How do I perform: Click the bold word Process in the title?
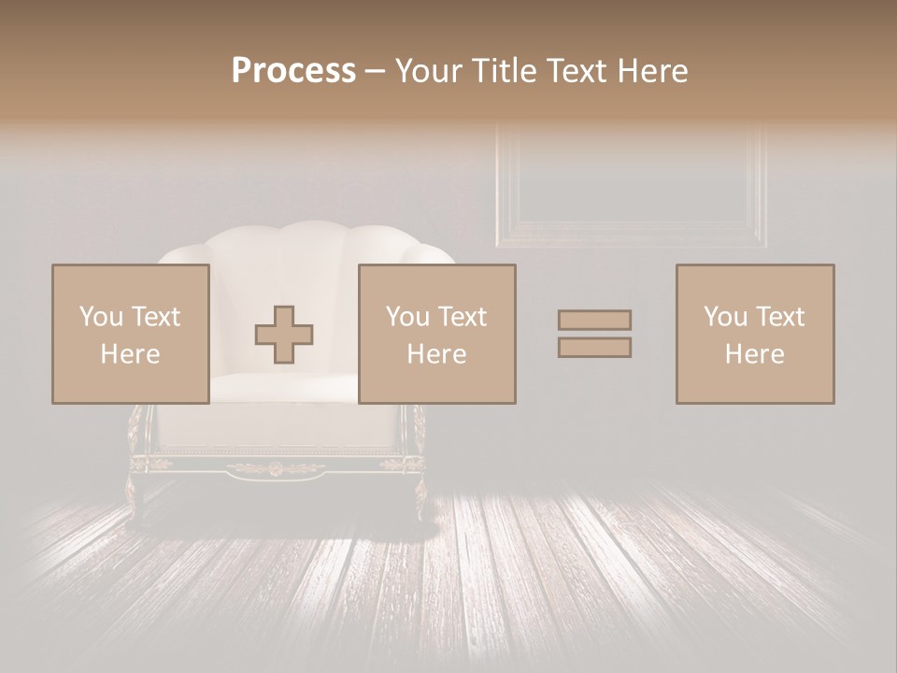(293, 71)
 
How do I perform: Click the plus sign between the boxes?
(284, 334)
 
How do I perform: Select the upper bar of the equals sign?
(594, 320)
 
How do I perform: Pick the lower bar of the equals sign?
(594, 348)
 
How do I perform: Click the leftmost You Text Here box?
(130, 334)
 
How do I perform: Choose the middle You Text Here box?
(436, 334)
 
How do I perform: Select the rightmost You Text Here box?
(754, 334)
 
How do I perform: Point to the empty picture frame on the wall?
(631, 187)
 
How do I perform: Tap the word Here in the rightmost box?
(754, 354)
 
